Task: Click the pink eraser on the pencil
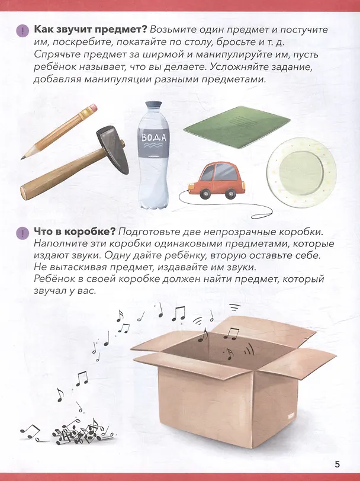pos(92,108)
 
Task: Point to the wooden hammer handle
pos(62,174)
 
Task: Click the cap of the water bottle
pos(153,105)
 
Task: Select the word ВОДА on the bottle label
pos(153,138)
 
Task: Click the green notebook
pos(237,126)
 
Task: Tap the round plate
pos(301,172)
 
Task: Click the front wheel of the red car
pos(205,194)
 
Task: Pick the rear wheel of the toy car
pos(230,194)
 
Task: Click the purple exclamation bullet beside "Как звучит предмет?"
pos(22,30)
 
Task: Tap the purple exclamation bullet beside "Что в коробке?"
pos(22,233)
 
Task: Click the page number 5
pos(337,464)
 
